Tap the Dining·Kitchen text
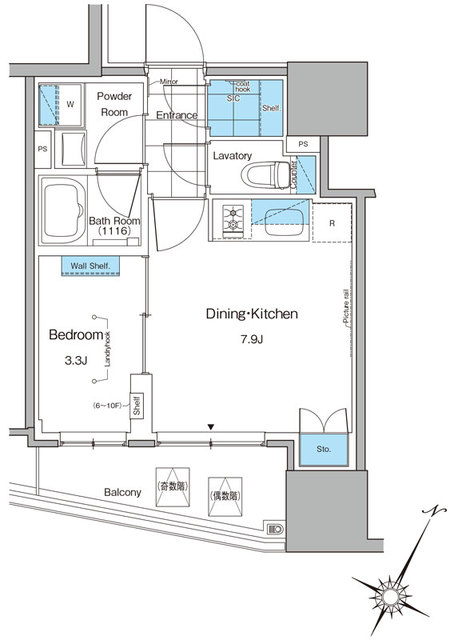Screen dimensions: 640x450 [x=253, y=314]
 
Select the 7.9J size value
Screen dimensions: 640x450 [x=252, y=340]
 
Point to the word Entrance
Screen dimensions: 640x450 [x=177, y=115]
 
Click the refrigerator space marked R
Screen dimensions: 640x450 [x=332, y=222]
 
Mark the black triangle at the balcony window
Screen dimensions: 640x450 [x=210, y=428]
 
